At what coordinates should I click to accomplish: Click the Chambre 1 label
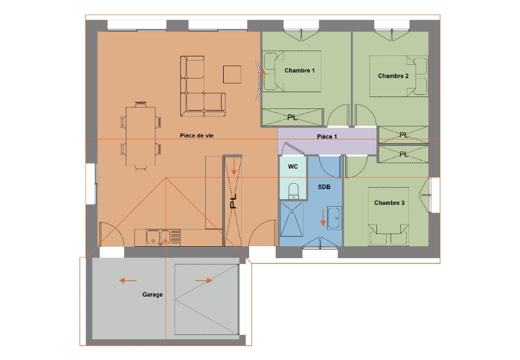pyautogui.click(x=300, y=70)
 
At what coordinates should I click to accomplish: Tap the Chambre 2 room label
pyautogui.click(x=393, y=76)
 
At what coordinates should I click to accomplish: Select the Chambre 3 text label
pyautogui.click(x=389, y=203)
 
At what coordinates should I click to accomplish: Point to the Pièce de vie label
pyautogui.click(x=197, y=136)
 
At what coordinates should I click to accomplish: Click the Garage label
pyautogui.click(x=153, y=294)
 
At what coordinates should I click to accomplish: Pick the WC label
pyautogui.click(x=293, y=166)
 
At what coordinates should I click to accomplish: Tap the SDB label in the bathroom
pyautogui.click(x=324, y=187)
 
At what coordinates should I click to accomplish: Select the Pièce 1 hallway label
pyautogui.click(x=327, y=137)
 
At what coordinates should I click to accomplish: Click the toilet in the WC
pyautogui.click(x=294, y=191)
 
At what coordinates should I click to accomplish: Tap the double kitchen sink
pyautogui.click(x=159, y=237)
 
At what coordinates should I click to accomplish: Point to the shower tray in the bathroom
pyautogui.click(x=291, y=219)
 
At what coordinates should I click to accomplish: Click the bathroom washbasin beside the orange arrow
pyautogui.click(x=334, y=217)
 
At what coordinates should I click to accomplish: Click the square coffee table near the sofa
pyautogui.click(x=232, y=74)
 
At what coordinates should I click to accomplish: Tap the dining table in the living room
pyautogui.click(x=141, y=136)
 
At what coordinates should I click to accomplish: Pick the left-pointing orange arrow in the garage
pyautogui.click(x=128, y=281)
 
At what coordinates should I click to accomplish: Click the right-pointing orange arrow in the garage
pyautogui.click(x=204, y=281)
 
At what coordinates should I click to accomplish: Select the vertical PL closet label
pyautogui.click(x=233, y=201)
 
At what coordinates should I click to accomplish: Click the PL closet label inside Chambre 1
pyautogui.click(x=292, y=117)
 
